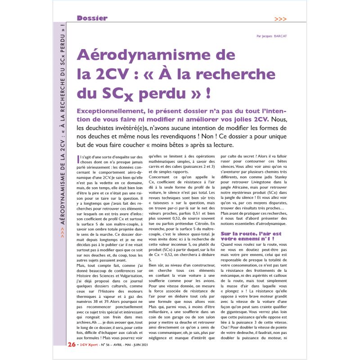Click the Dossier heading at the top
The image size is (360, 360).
[92, 18]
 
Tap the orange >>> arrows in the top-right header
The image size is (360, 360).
[280, 19]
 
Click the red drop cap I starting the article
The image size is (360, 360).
[79, 159]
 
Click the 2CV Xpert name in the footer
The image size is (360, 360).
[91, 345]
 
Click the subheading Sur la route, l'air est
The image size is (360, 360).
[251, 234]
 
